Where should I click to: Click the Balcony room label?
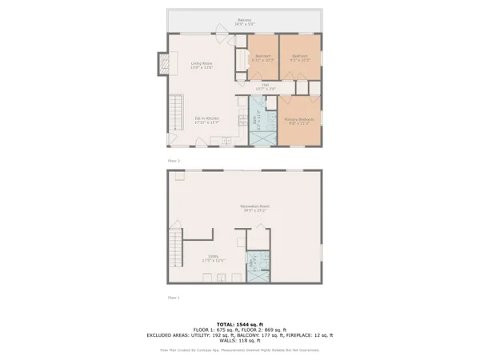pyautogui.click(x=244, y=22)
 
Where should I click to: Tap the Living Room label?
pyautogui.click(x=201, y=66)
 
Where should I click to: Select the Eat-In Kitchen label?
pyautogui.click(x=206, y=120)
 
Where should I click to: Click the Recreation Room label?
pyautogui.click(x=254, y=208)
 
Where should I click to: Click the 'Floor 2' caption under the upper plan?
pyautogui.click(x=174, y=161)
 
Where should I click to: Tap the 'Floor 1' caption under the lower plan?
pyautogui.click(x=174, y=297)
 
